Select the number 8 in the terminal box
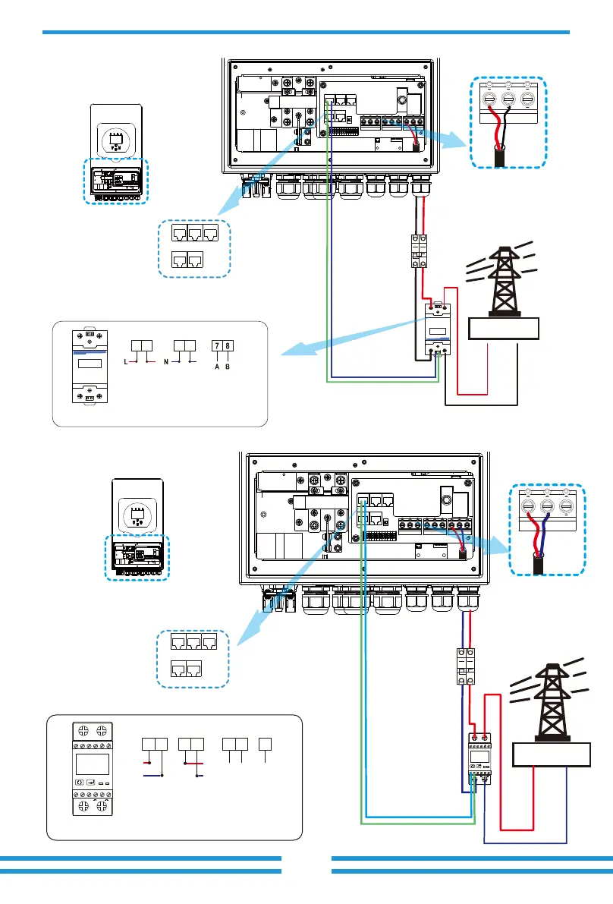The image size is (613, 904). [227, 345]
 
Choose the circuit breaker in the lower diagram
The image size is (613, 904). [465, 664]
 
